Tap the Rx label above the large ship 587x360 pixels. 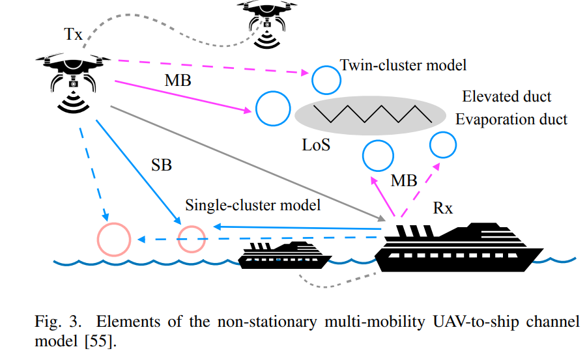point(443,208)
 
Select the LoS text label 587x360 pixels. point(316,145)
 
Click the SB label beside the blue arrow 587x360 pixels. point(161,165)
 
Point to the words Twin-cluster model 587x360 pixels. point(404,65)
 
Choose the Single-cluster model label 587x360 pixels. point(253,206)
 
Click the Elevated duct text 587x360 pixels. point(507,97)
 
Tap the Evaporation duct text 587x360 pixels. point(511,119)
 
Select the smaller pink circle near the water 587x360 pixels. point(192,238)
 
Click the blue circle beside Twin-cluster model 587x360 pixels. point(325,79)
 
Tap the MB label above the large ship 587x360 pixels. point(404,180)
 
